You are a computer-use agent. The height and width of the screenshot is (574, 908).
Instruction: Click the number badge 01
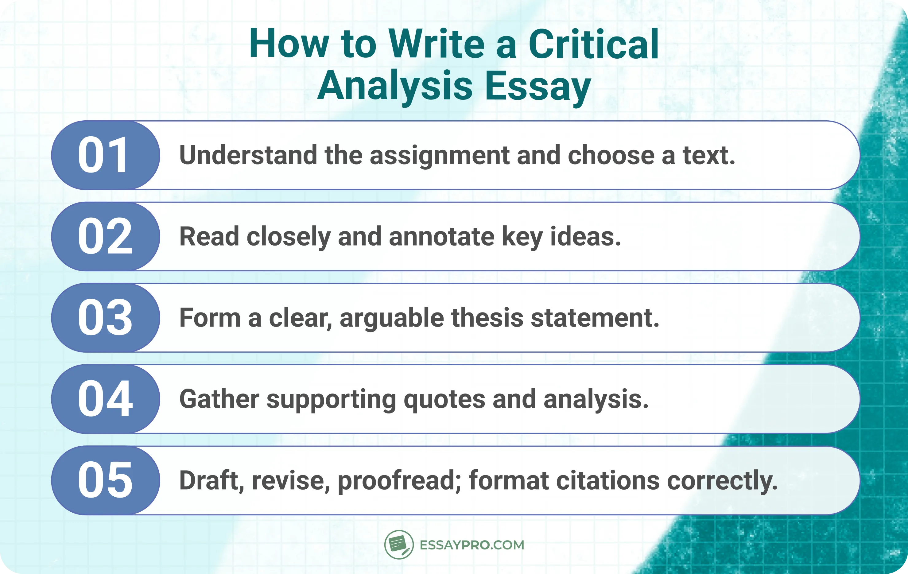tap(105, 155)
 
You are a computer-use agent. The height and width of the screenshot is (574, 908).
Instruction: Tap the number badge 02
tap(105, 236)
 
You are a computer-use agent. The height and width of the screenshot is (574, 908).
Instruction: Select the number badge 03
tap(105, 318)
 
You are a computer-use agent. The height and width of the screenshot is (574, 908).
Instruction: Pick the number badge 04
tap(105, 399)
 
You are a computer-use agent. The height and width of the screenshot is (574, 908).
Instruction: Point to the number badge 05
tap(105, 480)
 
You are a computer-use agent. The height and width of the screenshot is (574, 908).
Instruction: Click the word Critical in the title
tap(594, 45)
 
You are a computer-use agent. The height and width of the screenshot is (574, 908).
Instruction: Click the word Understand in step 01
tap(248, 155)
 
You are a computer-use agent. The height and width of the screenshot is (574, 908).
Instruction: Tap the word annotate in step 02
tap(441, 237)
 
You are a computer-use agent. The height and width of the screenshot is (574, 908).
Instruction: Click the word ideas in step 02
tap(585, 237)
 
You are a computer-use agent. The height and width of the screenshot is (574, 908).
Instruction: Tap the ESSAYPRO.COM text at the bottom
tap(472, 545)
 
